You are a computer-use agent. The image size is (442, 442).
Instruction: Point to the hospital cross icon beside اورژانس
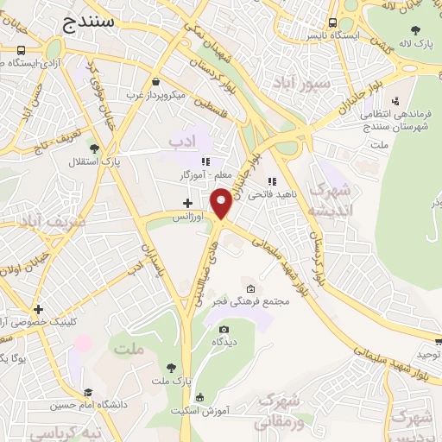tap(187, 203)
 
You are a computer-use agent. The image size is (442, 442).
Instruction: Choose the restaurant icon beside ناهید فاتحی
tap(272, 181)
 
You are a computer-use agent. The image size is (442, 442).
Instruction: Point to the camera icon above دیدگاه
tap(224, 329)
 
